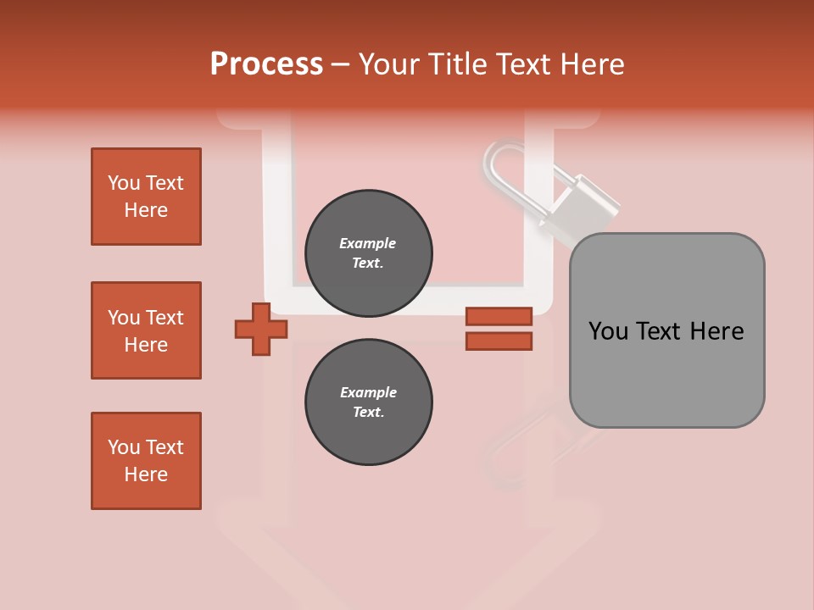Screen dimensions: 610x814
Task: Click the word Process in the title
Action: point(266,64)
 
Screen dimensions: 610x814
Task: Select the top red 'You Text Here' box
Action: point(146,197)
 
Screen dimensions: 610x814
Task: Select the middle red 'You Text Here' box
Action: point(146,330)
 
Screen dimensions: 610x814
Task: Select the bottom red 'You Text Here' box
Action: point(146,461)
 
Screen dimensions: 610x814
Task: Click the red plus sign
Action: point(261,329)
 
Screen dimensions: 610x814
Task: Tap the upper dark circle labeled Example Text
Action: point(368,253)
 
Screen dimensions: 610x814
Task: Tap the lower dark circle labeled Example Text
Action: point(368,402)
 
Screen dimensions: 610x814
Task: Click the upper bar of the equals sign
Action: point(499,316)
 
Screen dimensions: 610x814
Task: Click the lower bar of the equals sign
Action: point(499,341)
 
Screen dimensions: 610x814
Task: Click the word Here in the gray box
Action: point(716,331)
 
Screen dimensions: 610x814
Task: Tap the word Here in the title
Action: point(594,64)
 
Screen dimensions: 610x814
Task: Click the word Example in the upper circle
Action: point(367,243)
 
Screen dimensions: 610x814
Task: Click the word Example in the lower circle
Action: point(368,392)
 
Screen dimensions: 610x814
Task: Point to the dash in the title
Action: point(341,64)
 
